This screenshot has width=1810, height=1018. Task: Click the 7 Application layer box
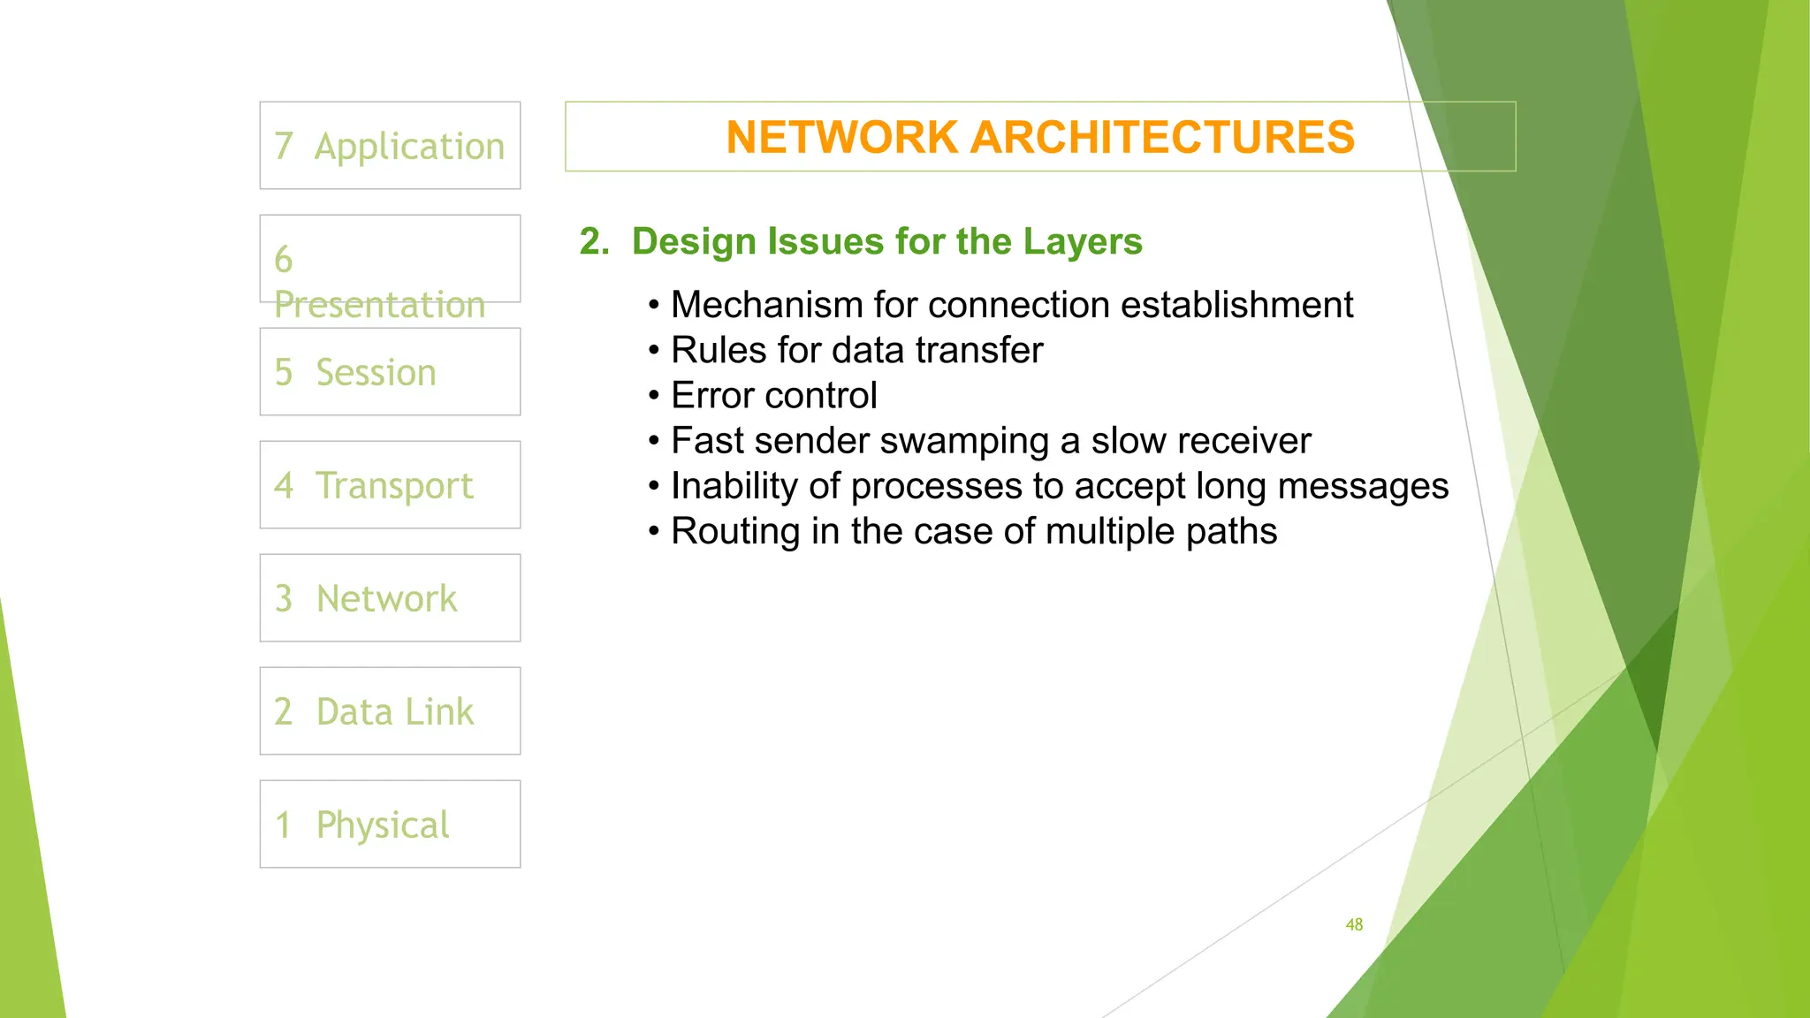pos(390,146)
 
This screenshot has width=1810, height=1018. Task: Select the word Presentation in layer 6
pos(380,305)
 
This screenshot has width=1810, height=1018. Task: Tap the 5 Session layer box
pos(390,372)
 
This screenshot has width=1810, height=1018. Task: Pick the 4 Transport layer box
pos(390,485)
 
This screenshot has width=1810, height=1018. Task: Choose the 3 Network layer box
pos(390,598)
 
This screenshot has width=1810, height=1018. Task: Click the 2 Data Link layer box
pos(390,711)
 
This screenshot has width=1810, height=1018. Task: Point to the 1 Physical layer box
pos(390,824)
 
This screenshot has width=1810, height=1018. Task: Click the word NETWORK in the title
pos(841,138)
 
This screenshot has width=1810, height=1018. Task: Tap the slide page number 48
pos(1354,924)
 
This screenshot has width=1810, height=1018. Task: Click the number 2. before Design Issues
pos(594,241)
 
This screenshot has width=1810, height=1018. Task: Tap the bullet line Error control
pos(773,395)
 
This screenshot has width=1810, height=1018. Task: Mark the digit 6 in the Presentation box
pos(284,260)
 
